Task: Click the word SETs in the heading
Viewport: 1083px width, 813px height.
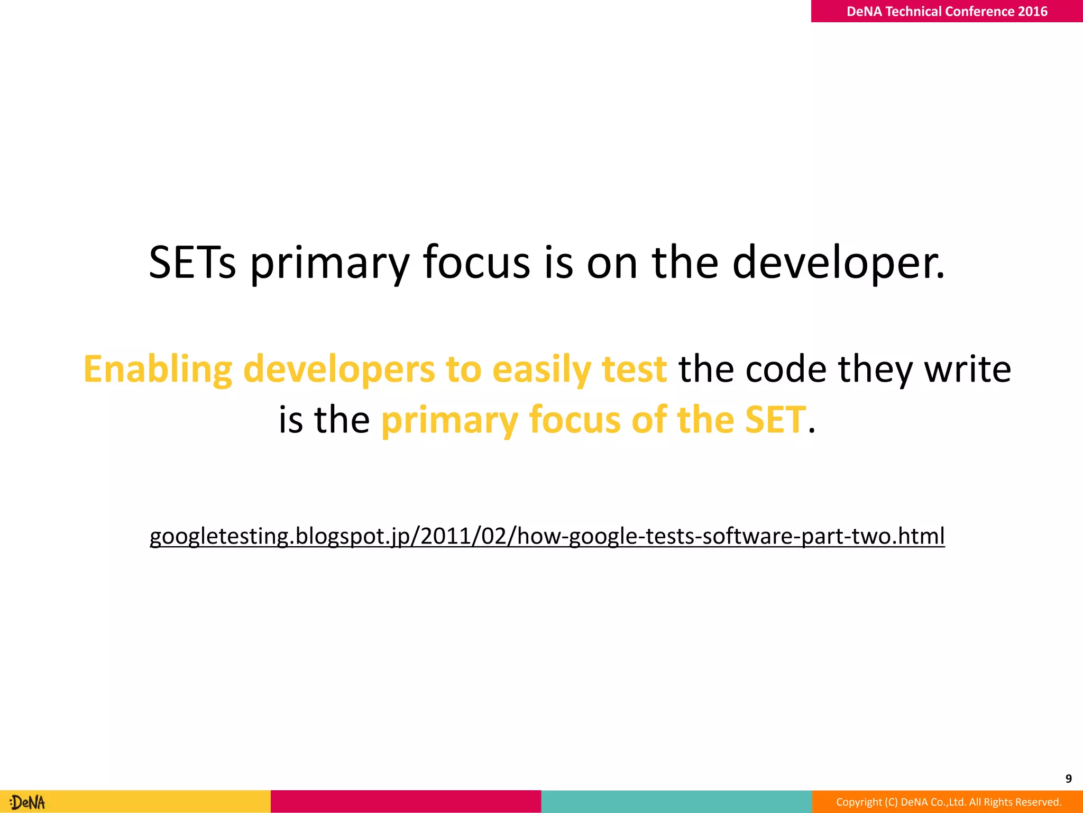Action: (x=192, y=263)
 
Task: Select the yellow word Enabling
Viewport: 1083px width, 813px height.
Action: (x=158, y=369)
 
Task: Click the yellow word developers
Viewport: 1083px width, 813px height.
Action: (x=339, y=369)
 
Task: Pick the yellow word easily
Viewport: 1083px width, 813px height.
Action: (x=541, y=369)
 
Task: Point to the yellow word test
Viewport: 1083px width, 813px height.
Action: (x=634, y=369)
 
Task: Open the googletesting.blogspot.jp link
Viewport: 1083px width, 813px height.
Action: (x=547, y=536)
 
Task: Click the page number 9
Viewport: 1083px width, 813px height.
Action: (x=1068, y=779)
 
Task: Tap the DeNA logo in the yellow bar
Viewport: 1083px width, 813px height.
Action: (x=28, y=802)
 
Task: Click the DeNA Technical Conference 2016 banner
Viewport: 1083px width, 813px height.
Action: (x=947, y=11)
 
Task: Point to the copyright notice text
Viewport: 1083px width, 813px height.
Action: (x=949, y=802)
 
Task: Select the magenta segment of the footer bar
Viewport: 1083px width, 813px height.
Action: (x=406, y=801)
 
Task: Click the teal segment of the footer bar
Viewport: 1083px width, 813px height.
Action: (x=676, y=801)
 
